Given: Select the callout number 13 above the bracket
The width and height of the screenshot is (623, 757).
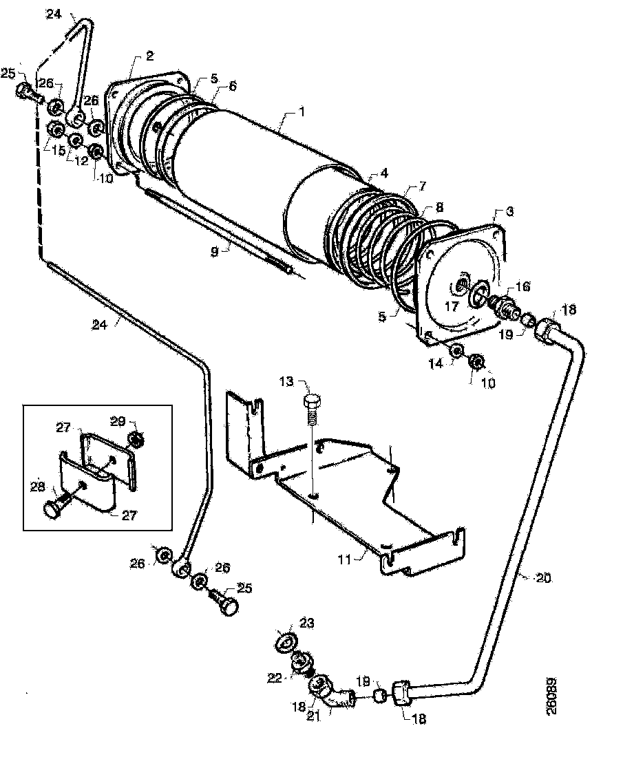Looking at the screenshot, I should (x=286, y=381).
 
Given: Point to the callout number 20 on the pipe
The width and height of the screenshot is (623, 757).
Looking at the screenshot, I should (x=543, y=578).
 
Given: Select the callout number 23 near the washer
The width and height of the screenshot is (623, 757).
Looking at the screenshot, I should (x=306, y=623).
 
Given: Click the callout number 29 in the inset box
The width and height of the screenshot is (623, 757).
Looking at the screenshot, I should (x=118, y=420).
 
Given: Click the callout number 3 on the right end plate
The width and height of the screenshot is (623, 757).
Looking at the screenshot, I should (x=509, y=212).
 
